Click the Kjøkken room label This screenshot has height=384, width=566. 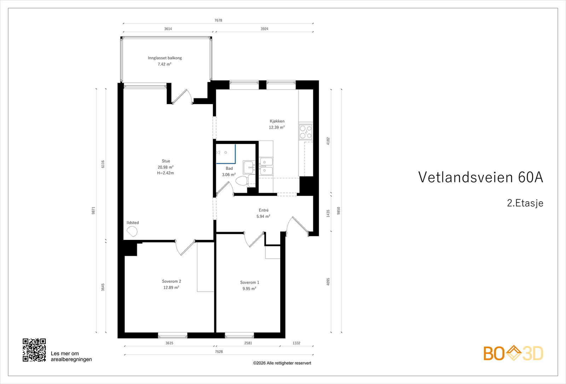tap(277, 121)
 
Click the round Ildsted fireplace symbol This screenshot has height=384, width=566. tap(132, 231)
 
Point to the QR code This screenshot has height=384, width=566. tap(34, 350)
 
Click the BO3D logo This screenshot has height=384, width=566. tap(513, 353)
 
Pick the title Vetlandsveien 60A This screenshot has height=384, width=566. tap(480, 177)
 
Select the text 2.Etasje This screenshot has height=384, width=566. tap(525, 203)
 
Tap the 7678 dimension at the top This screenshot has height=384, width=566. tap(218, 21)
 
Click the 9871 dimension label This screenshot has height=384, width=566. tap(94, 210)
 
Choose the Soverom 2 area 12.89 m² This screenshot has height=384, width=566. tap(171, 288)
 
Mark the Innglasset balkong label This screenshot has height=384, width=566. tap(165, 58)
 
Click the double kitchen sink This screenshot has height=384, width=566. tap(266, 167)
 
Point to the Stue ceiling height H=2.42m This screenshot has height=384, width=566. tap(166, 173)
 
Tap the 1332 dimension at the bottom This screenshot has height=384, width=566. tap(296, 343)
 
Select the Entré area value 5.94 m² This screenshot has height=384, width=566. tap(263, 216)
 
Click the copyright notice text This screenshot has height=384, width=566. tap(282, 363)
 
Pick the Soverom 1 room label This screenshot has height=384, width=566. tap(249, 282)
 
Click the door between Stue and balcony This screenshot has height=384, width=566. tap(183, 97)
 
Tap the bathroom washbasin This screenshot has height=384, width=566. tap(248, 167)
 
